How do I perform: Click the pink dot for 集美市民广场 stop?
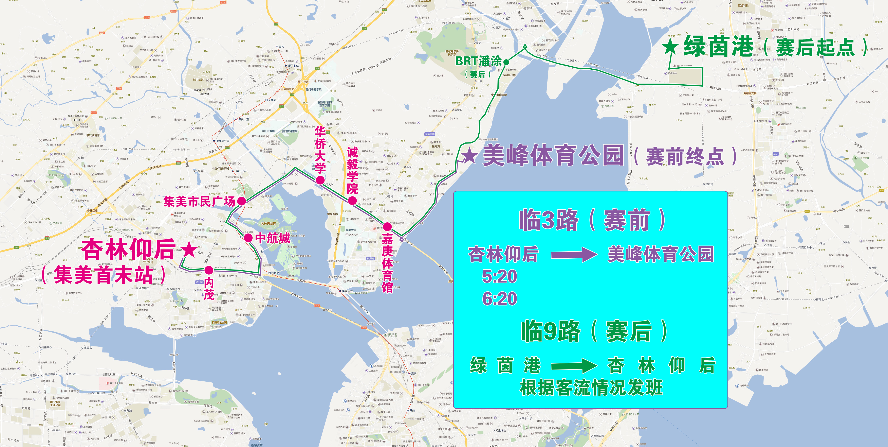point(242,201)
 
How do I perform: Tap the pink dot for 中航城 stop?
point(248,237)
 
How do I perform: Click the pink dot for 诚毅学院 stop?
point(352,200)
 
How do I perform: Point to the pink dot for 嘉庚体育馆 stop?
point(387,227)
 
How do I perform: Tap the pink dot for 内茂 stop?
point(209,270)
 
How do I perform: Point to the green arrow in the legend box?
point(574,366)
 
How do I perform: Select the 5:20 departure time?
point(499,276)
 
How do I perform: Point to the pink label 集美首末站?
point(103,275)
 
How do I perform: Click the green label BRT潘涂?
point(478,61)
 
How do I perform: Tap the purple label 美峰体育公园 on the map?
point(553,156)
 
